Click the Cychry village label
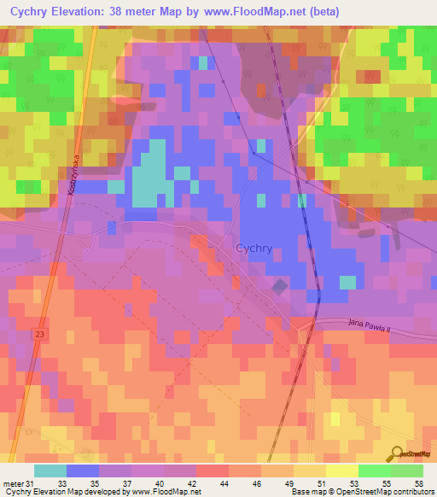253,248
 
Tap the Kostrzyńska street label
74,175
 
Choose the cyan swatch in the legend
50,470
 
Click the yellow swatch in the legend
341,470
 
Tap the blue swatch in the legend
83,470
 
